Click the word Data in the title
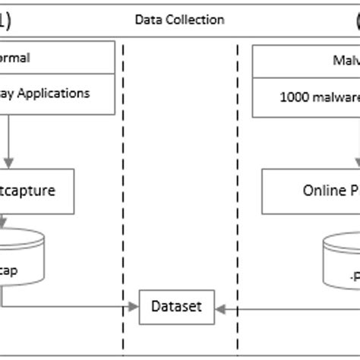147,20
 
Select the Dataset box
177,307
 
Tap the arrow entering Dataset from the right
219,308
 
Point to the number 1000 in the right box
295,96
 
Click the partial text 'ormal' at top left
15,58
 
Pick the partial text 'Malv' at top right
346,59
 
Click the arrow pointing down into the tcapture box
8,159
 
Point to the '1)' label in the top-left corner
6,21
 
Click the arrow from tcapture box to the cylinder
4,222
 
